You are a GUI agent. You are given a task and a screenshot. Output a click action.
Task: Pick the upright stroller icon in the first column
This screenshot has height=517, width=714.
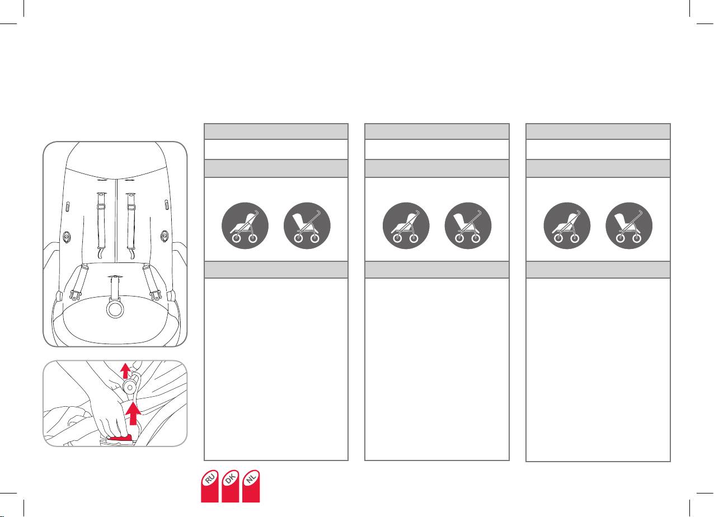(307, 225)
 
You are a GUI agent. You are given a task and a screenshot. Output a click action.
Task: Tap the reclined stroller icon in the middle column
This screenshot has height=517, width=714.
(406, 225)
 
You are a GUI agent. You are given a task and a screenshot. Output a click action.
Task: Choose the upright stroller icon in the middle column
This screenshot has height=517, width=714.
(468, 225)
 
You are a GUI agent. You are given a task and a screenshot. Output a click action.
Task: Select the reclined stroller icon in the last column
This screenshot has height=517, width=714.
(567, 225)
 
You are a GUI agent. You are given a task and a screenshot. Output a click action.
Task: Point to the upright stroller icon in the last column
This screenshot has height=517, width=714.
(630, 225)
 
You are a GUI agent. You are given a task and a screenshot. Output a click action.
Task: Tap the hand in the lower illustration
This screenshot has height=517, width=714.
(109, 414)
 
